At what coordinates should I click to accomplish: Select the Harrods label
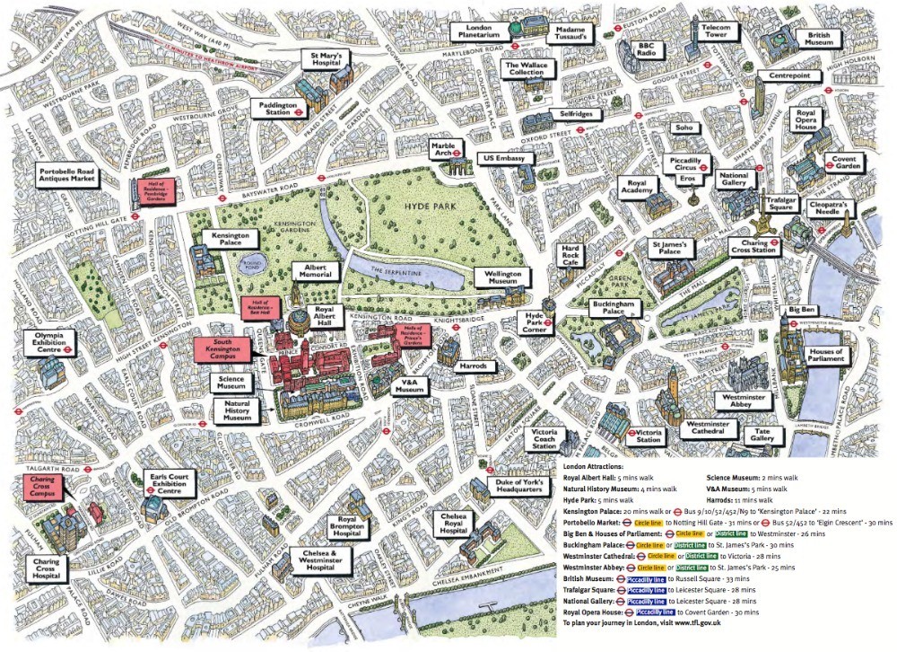(473, 366)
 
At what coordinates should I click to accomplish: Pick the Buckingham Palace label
(614, 308)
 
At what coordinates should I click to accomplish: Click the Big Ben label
(800, 310)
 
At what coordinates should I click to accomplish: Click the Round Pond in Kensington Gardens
(240, 262)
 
